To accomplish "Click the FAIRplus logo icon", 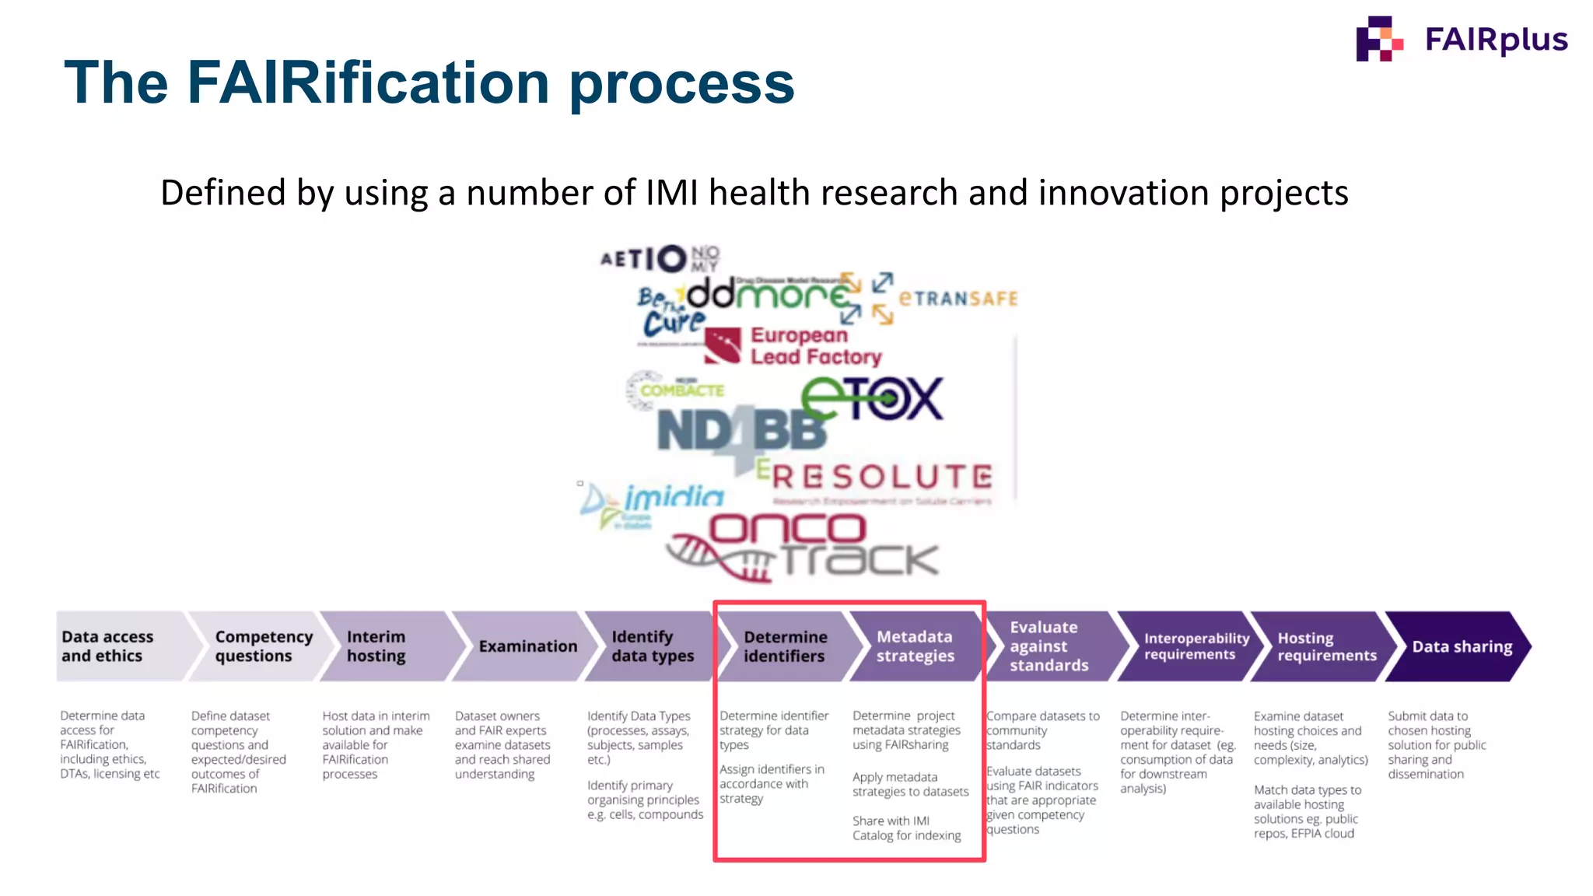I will tap(1379, 39).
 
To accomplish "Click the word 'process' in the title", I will tap(681, 84).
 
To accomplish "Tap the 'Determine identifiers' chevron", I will tap(784, 646).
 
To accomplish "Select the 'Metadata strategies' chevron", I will tap(915, 646).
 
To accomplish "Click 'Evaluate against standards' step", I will tap(1049, 646).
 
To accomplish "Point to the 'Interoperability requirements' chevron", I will tap(1190, 646).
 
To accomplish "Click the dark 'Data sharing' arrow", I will tap(1461, 646).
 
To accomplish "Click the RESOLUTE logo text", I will tap(882, 477).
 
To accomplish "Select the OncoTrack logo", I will tap(805, 547).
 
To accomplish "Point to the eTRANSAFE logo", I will tap(957, 299).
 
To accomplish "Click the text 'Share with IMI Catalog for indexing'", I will tap(906, 828).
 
